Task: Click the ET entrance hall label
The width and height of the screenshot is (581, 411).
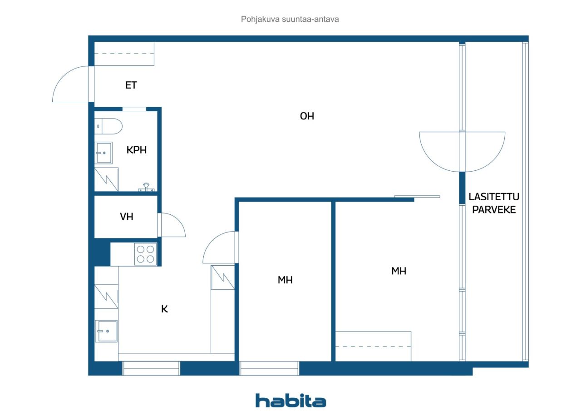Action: [x=131, y=85]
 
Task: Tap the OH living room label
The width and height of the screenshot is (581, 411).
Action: [x=307, y=116]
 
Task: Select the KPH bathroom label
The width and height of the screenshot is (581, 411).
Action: [x=137, y=150]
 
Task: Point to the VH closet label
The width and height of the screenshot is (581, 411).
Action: [x=127, y=217]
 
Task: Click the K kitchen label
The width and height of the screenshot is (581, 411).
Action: [x=164, y=309]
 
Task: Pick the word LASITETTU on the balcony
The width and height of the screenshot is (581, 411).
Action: [x=494, y=197]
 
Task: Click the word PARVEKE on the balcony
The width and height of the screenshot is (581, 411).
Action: [x=494, y=210]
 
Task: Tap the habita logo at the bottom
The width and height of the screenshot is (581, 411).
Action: [x=291, y=401]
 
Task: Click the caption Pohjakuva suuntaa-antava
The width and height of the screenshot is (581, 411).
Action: [x=290, y=19]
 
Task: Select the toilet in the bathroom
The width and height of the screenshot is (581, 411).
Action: [x=108, y=126]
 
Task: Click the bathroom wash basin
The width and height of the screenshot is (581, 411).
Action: [x=103, y=153]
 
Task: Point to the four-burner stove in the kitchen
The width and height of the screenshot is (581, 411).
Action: [x=146, y=254]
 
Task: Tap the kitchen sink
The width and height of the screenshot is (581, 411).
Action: [x=106, y=331]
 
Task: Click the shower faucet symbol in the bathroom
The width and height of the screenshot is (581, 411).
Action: [x=146, y=188]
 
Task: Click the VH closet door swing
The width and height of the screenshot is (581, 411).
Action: [x=172, y=225]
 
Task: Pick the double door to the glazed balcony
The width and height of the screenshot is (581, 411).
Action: [x=462, y=152]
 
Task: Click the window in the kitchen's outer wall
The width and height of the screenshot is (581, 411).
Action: [x=151, y=368]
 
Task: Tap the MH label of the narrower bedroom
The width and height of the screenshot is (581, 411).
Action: [x=285, y=280]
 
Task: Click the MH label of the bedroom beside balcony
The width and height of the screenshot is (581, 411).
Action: [x=399, y=271]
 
